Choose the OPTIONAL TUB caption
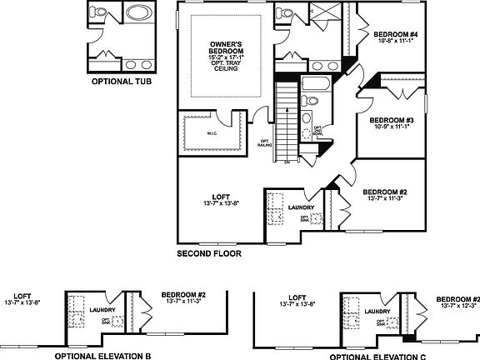tap(120, 82)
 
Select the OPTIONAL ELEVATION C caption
tap(367, 355)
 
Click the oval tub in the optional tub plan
tap(136, 14)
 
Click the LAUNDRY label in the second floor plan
tap(302, 207)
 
